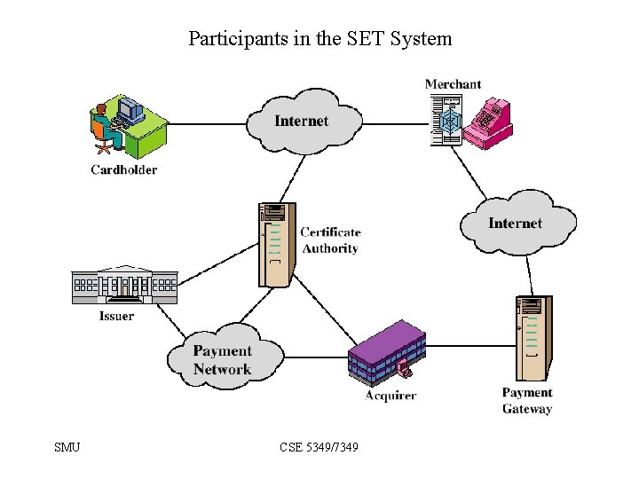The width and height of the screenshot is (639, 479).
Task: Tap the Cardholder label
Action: coord(124,169)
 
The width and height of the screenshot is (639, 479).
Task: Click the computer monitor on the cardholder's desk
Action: coord(130,109)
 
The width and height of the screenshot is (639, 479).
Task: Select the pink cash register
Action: coord(488,123)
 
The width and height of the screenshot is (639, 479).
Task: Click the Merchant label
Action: coord(453,84)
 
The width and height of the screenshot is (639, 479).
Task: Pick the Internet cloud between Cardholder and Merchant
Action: coord(304,122)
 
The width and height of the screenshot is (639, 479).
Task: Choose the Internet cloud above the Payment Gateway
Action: coord(518,223)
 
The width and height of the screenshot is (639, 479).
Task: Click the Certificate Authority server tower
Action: coord(277,245)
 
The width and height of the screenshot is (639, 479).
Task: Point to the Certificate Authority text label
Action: coord(330,240)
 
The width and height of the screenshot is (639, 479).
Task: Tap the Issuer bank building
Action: coord(125,285)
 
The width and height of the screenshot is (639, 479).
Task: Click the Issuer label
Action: coord(116,316)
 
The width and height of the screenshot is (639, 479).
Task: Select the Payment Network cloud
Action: coord(225,357)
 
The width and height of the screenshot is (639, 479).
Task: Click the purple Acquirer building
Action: coord(387,353)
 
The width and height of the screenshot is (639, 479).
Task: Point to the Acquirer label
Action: coord(390,396)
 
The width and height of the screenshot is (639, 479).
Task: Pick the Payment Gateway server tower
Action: coord(534,338)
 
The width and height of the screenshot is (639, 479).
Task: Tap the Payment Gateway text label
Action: coord(527,400)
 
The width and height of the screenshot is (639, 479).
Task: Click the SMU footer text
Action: coord(67,447)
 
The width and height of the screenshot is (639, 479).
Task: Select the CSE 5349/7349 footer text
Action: coord(319,447)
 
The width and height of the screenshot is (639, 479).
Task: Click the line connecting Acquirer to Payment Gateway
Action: coord(470,346)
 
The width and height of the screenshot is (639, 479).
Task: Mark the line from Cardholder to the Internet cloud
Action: coord(207,124)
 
